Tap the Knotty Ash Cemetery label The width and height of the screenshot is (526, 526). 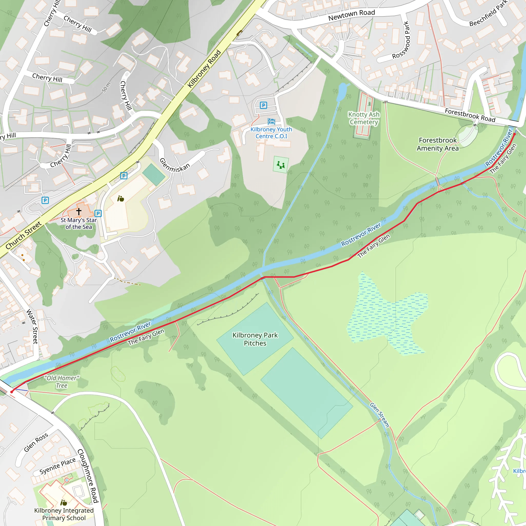364,118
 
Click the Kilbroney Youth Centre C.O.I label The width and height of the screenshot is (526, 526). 271,133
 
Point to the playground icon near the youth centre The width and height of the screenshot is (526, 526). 281,165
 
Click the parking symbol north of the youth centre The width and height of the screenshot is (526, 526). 263,105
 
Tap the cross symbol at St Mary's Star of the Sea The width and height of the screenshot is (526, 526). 79,211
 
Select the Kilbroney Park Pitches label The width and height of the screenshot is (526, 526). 255,339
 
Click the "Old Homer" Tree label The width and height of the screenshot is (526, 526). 62,381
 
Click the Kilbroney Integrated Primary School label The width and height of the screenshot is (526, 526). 64,514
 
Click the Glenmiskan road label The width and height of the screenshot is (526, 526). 174,165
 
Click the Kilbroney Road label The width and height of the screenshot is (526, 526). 204,69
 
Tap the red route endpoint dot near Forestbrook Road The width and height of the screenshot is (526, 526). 514,134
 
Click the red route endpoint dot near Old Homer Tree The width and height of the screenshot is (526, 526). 12,392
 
